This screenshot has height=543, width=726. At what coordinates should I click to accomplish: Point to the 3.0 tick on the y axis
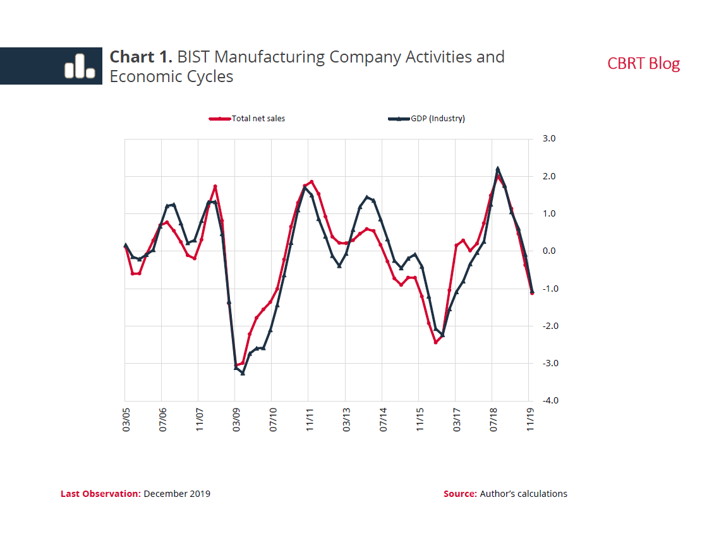[x=548, y=139]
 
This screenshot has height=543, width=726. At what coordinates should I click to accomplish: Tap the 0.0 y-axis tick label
[x=548, y=251]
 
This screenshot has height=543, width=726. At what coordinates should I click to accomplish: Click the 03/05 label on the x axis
[x=125, y=419]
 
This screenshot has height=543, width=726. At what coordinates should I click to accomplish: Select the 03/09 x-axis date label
[x=236, y=419]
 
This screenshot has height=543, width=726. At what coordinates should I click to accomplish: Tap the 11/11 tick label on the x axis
[x=309, y=419]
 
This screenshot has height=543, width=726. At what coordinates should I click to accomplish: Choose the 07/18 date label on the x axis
[x=493, y=419]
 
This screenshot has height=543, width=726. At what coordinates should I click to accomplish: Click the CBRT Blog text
[x=643, y=64]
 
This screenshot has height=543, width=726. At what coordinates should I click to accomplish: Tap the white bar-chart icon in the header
[x=79, y=66]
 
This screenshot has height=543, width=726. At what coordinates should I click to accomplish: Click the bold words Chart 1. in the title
[x=141, y=57]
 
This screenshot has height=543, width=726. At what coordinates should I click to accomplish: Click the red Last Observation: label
[x=100, y=494]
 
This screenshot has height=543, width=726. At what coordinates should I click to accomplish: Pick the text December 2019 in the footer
[x=177, y=494]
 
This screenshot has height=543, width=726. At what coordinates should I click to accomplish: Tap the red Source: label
[x=460, y=494]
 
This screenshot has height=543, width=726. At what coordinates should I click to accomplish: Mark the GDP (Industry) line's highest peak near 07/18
[x=498, y=169]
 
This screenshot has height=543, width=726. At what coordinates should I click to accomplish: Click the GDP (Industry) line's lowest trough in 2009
[x=243, y=373]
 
